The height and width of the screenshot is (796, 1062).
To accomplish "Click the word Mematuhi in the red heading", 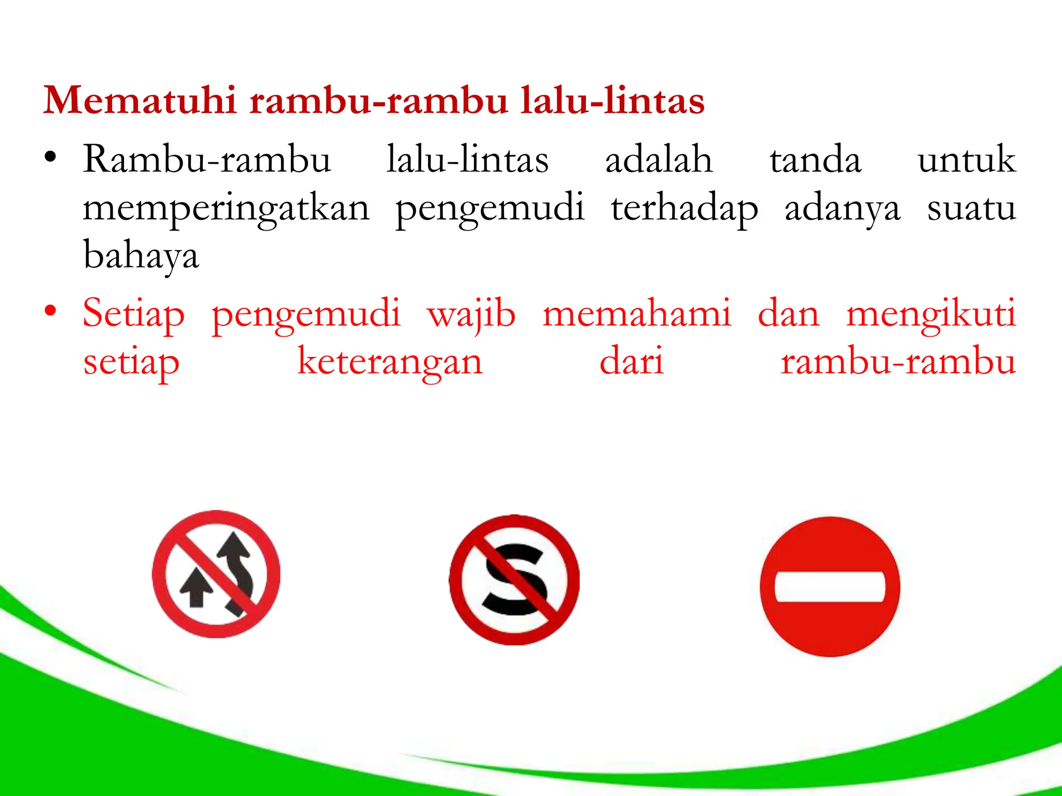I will point(140,100).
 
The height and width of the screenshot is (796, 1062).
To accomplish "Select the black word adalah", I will point(659,160).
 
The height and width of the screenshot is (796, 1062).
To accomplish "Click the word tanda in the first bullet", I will point(815,160).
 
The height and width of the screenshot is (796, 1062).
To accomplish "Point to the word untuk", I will point(966,160).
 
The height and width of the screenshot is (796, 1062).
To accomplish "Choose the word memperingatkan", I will point(226,208).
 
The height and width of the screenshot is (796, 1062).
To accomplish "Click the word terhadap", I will point(684,208).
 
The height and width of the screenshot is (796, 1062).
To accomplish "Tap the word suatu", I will point(971,208).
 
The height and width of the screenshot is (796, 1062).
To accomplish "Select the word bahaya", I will point(141,255).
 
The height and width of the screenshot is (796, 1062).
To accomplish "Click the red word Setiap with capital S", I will point(134,314).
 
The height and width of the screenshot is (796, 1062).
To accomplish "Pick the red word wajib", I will point(471,314).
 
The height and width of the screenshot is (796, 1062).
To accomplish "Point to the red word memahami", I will point(637,314).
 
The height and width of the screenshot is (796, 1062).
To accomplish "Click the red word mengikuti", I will point(931,314).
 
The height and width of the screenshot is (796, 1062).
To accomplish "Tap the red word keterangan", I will point(390,362).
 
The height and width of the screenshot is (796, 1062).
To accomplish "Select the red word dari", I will point(631,362).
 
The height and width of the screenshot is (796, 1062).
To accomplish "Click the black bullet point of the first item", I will point(50,158).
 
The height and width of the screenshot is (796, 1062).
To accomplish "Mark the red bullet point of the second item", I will point(50,311).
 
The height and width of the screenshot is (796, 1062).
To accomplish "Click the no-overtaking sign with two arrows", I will point(216,574).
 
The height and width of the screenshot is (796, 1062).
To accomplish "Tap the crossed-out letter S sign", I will point(514,579).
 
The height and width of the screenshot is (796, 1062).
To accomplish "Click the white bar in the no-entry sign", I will point(830,587).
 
